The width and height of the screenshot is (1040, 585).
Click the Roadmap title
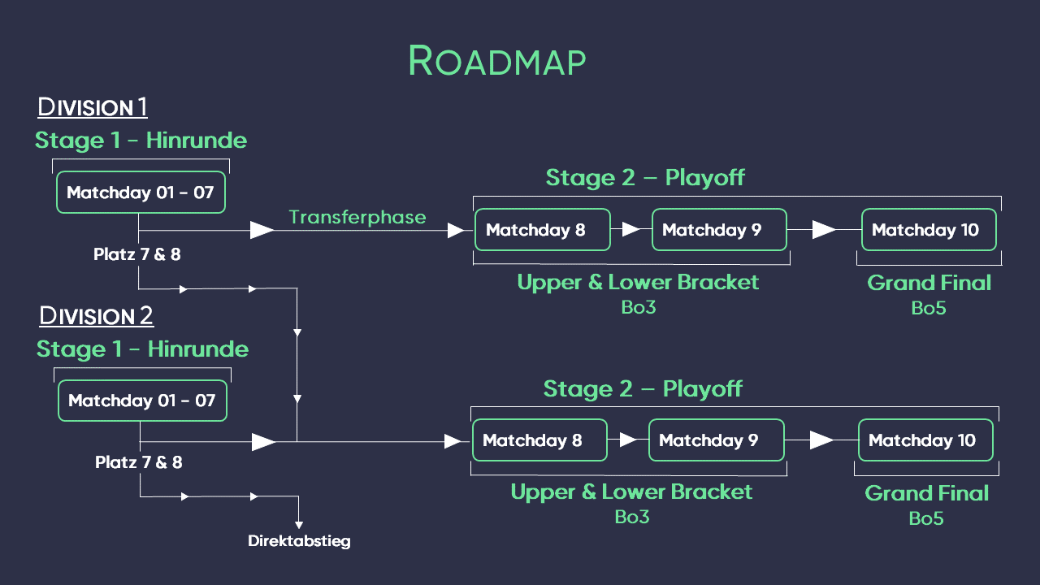pyautogui.click(x=496, y=62)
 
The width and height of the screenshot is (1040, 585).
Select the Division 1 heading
pyautogui.click(x=93, y=107)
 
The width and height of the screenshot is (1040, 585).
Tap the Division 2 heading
pyautogui.click(x=96, y=315)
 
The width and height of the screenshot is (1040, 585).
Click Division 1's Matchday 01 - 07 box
pyautogui.click(x=141, y=193)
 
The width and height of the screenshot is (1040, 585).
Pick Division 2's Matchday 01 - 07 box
pyautogui.click(x=142, y=401)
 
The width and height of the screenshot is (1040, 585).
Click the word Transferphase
pyautogui.click(x=357, y=217)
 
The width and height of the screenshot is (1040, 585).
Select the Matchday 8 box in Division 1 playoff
pyautogui.click(x=542, y=230)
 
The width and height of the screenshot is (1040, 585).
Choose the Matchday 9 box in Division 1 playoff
pyautogui.click(x=718, y=230)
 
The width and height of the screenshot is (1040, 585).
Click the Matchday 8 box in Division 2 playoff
pyautogui.click(x=539, y=440)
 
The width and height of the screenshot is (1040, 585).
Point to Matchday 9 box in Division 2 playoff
pyautogui.click(x=715, y=440)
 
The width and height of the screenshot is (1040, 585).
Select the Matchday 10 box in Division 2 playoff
pyautogui.click(x=925, y=440)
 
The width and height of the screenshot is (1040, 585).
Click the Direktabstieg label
pyautogui.click(x=299, y=541)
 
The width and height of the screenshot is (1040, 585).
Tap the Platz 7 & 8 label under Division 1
pyautogui.click(x=137, y=254)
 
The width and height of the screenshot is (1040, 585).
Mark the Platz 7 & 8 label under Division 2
pyautogui.click(x=139, y=462)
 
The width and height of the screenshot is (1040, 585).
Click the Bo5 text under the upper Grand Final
pyautogui.click(x=929, y=308)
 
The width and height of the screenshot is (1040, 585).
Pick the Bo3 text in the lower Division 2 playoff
pyautogui.click(x=631, y=517)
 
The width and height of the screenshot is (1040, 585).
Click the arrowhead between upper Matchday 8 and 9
pyautogui.click(x=630, y=230)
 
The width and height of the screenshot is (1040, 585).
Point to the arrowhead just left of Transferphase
pyautogui.click(x=262, y=231)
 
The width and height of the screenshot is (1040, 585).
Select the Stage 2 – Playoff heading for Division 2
pyautogui.click(x=643, y=388)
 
